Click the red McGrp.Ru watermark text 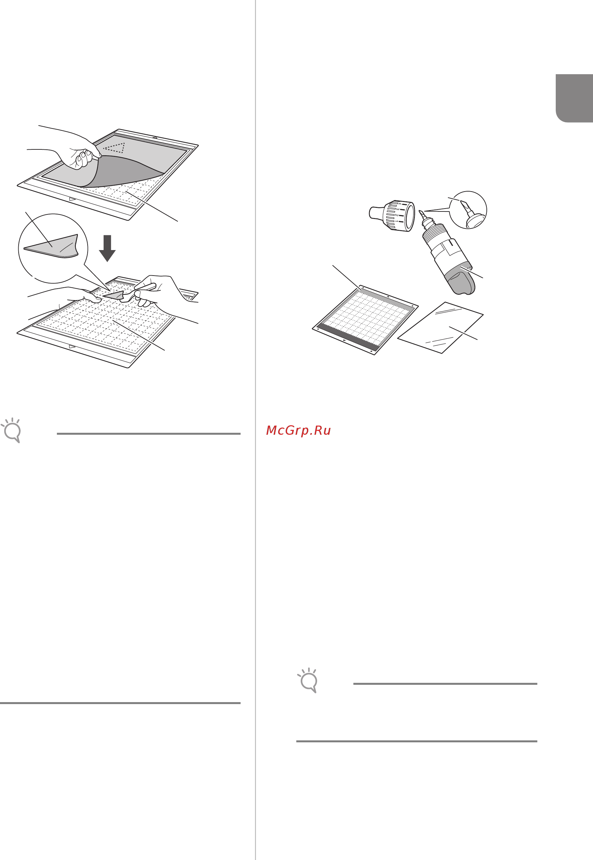click(x=298, y=430)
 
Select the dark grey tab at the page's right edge click(x=574, y=98)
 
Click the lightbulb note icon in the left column click(x=11, y=430)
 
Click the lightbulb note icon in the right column click(x=308, y=680)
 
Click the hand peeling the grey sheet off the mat click(x=80, y=152)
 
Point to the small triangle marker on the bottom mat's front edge click(x=72, y=346)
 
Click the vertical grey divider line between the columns click(x=256, y=557)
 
